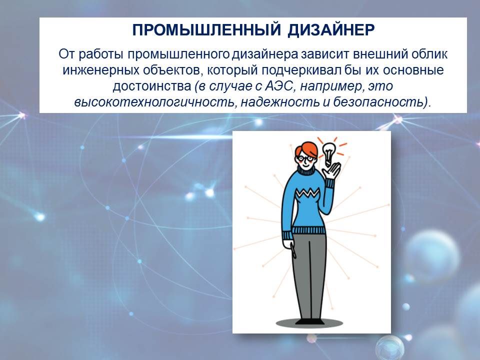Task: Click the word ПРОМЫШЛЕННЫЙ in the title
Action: tap(206, 30)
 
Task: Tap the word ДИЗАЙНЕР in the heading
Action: tap(331, 30)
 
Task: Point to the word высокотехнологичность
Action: tap(156, 102)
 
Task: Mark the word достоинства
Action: tap(152, 86)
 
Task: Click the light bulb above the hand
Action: tap(329, 153)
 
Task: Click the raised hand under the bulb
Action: tap(332, 172)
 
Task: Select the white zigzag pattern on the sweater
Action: tap(307, 193)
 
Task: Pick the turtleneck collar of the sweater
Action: tap(306, 171)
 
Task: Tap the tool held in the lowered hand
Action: tap(292, 249)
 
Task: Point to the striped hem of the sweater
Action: tap(308, 230)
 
